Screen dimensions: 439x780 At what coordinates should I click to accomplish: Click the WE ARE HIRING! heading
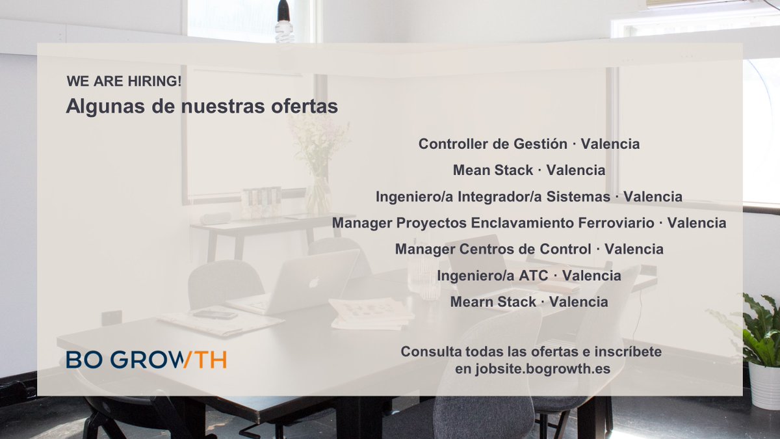click(124, 82)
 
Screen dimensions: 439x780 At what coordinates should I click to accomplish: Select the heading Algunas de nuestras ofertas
click(201, 107)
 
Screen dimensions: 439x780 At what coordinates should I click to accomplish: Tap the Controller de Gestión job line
click(529, 144)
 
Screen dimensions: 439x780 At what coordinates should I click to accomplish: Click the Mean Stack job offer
click(529, 170)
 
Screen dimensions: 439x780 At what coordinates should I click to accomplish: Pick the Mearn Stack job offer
click(529, 302)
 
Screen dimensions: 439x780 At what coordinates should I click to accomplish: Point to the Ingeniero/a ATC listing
click(529, 276)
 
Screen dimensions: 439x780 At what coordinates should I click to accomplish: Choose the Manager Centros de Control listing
click(529, 249)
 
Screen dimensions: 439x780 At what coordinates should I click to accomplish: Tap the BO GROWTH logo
click(146, 360)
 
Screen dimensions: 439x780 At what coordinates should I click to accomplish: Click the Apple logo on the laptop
click(313, 282)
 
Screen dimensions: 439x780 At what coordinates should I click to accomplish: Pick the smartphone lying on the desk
click(215, 314)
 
